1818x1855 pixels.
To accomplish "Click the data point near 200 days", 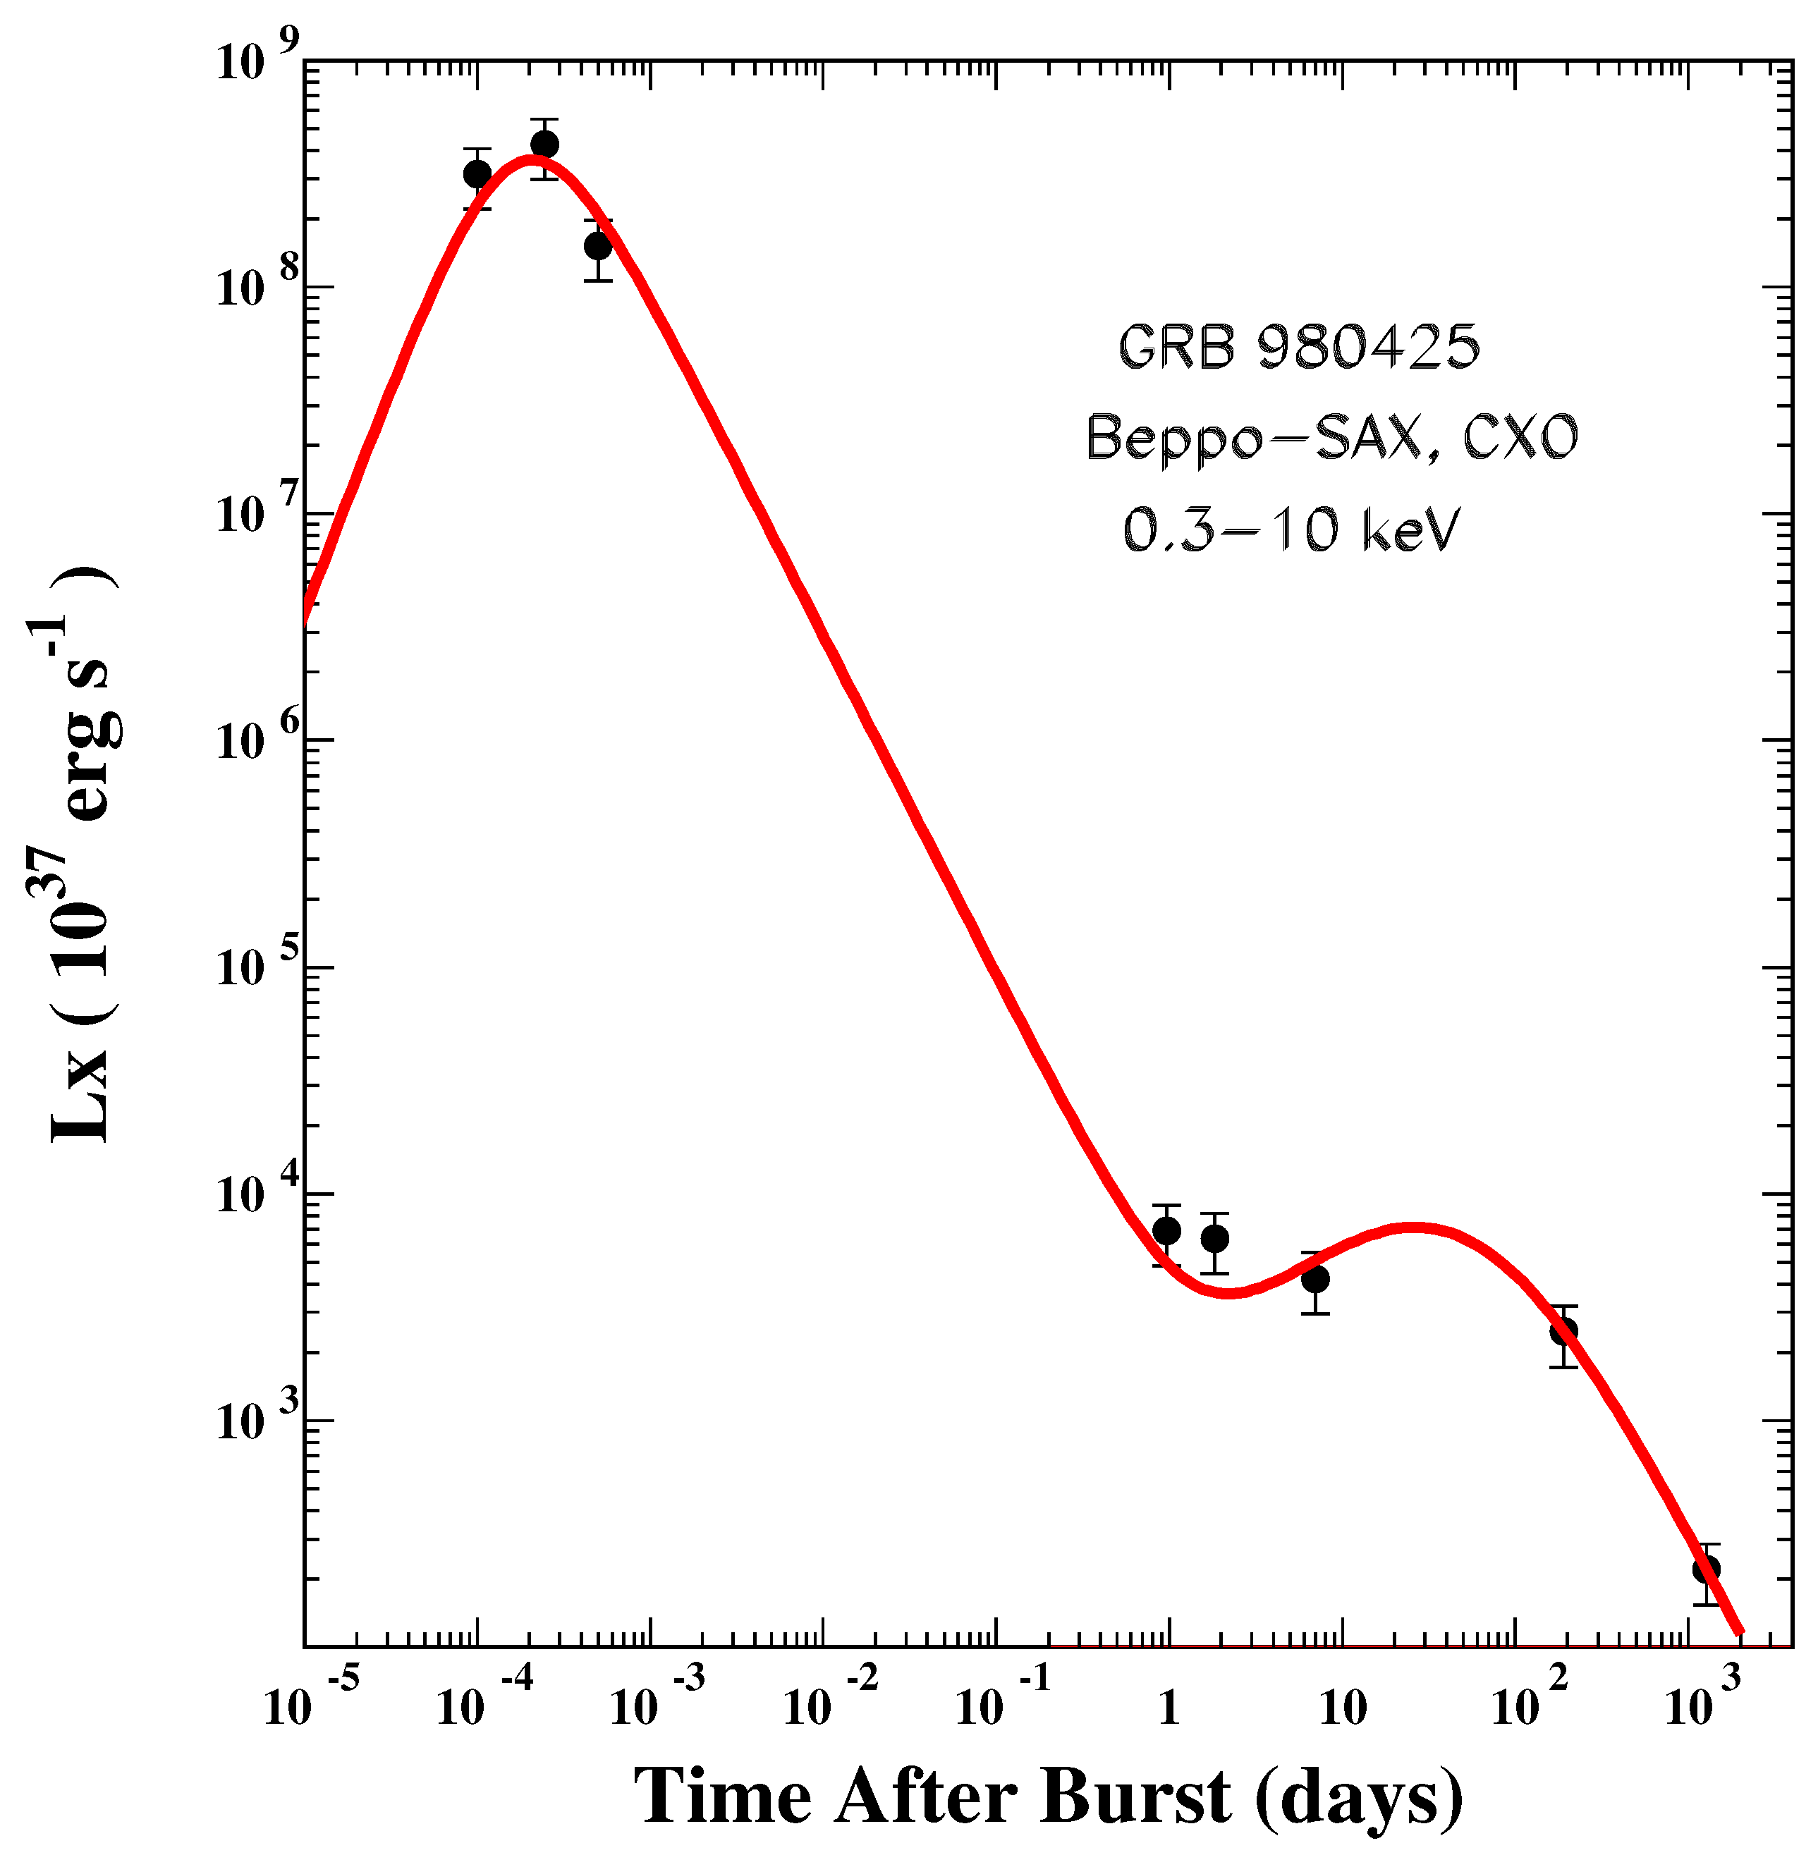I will click(1563, 1331).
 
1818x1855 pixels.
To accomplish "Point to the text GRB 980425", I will click(1298, 348).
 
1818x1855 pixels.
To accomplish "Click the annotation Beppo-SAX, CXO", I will click(1331, 439).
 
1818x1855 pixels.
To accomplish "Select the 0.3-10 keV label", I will click(1291, 530).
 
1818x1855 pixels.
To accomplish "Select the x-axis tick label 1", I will click(1169, 1709).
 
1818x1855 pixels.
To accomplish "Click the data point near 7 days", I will click(1314, 1279).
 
